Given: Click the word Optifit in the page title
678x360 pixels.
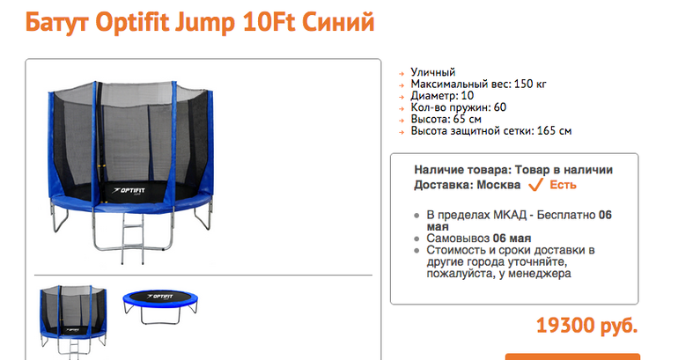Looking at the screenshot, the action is click(132, 22).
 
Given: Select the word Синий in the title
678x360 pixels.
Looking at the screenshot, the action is click(338, 22).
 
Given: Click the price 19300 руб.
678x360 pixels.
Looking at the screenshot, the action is click(586, 326).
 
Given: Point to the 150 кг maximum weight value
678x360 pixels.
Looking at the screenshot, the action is click(530, 84).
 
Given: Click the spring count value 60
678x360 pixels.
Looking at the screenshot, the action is click(500, 107).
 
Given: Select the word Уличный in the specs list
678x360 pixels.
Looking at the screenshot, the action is click(433, 72).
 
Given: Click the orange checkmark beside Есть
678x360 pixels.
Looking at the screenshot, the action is click(535, 185).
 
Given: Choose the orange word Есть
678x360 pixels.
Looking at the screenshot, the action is click(563, 185).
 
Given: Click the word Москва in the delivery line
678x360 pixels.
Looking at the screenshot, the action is click(498, 185).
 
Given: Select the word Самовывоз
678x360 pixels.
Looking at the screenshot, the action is click(458, 239).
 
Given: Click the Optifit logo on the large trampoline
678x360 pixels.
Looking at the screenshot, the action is click(129, 190).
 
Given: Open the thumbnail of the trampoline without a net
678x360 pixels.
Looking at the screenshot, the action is click(160, 306).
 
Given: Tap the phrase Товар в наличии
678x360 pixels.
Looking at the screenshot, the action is click(564, 170).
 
